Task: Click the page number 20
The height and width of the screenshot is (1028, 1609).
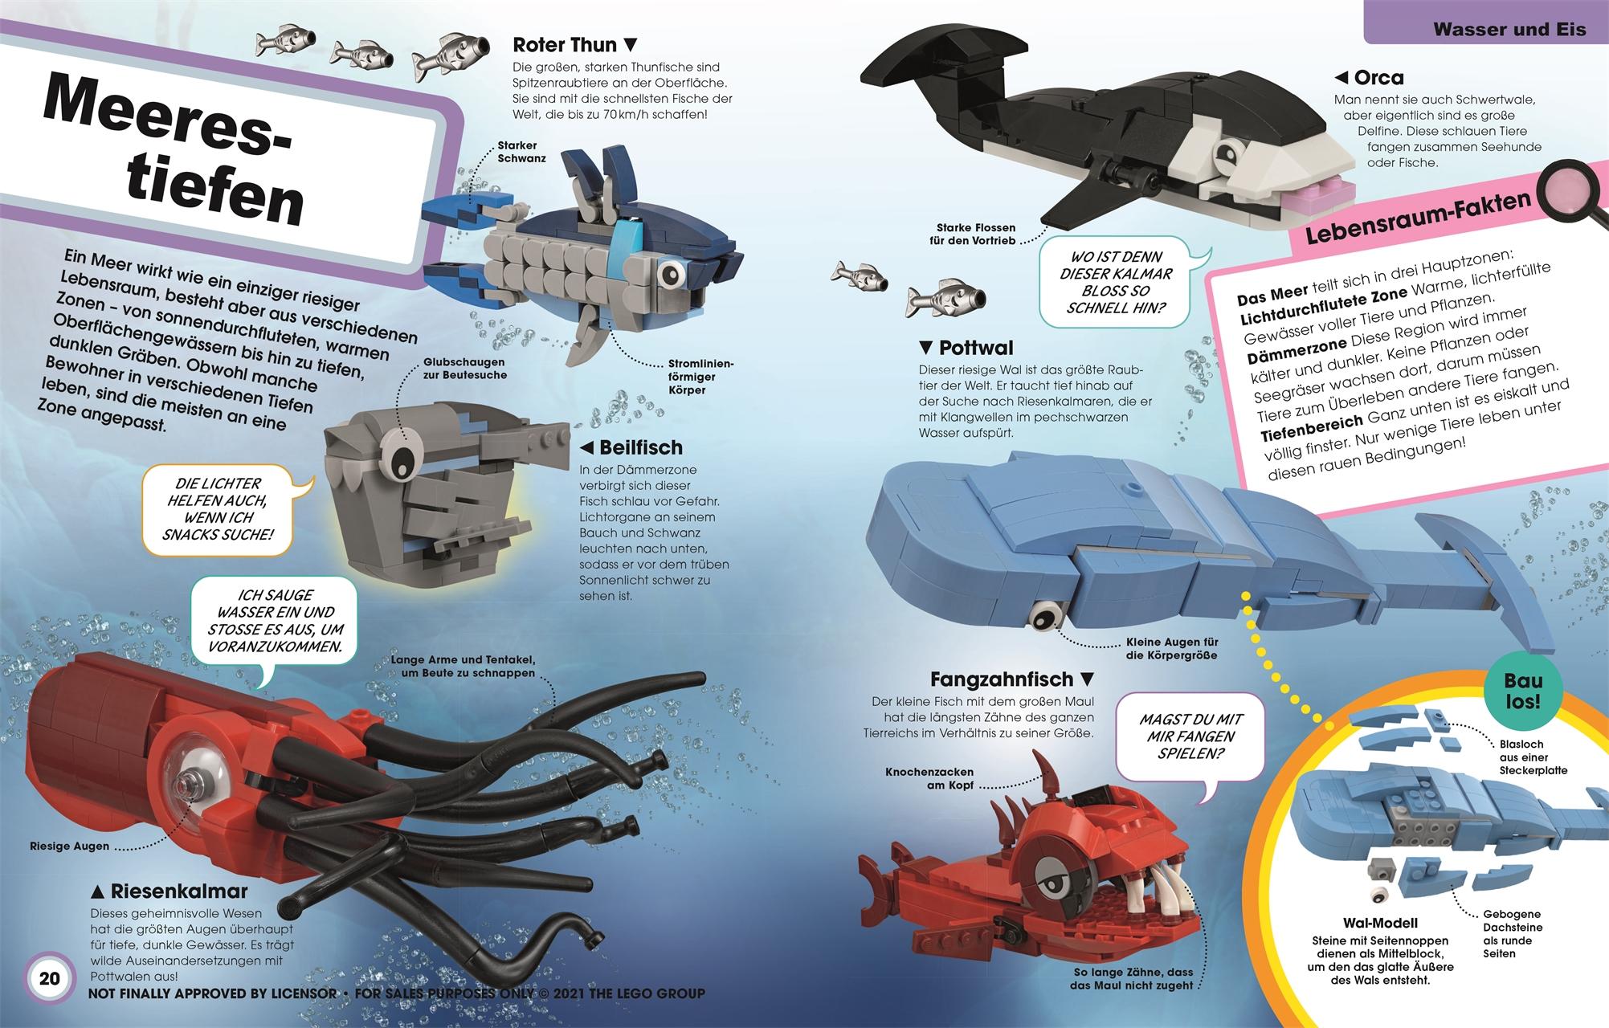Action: pos(50,979)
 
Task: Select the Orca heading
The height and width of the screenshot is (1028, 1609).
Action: pos(1369,78)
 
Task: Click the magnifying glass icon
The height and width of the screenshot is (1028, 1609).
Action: pos(1567,197)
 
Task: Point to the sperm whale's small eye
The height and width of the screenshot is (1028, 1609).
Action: pos(1045,616)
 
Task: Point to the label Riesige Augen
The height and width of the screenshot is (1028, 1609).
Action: pos(69,846)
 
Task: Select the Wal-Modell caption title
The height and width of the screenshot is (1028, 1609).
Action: pos(1380,923)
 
